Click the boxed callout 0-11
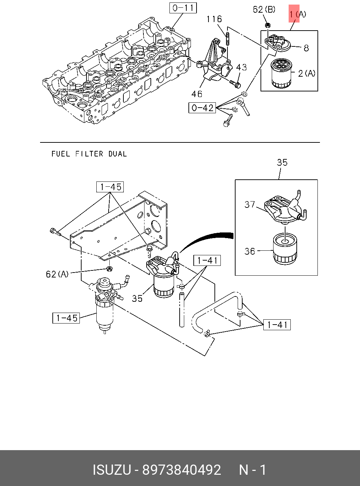click(x=183, y=8)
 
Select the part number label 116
click(x=214, y=19)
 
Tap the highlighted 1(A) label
click(x=297, y=14)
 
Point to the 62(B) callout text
click(x=264, y=9)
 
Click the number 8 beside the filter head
click(x=306, y=47)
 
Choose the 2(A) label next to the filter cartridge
click(x=307, y=73)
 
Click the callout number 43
click(x=241, y=67)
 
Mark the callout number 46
click(x=197, y=94)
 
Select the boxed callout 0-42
click(x=202, y=108)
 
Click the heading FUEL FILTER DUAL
click(x=89, y=154)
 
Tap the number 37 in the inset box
click(x=250, y=204)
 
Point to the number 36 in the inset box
click(x=250, y=251)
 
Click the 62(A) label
click(x=57, y=274)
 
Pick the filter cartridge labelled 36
click(x=285, y=249)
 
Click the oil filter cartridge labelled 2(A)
click(x=281, y=74)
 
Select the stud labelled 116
click(x=227, y=38)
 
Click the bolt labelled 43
click(x=234, y=84)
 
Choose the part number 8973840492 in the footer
click(x=181, y=470)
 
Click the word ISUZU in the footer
click(x=111, y=470)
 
